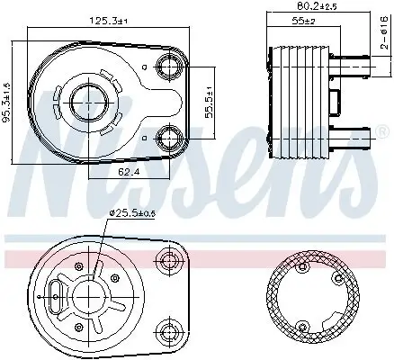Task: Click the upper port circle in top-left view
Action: (x=167, y=65)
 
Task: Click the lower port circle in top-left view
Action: (x=167, y=138)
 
